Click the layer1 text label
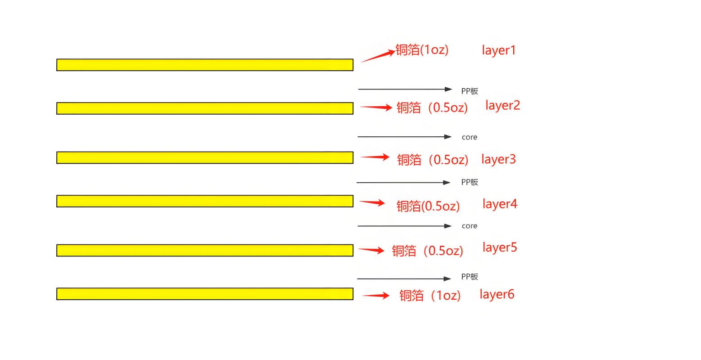498,51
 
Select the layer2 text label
502,106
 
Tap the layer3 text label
498,159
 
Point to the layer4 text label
500,204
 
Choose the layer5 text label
500,247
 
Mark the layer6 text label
497,295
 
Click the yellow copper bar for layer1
205,65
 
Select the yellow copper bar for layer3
205,157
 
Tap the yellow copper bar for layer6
205,294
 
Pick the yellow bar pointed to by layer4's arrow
205,201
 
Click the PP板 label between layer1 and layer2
470,91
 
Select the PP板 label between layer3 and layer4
470,182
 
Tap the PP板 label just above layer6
470,276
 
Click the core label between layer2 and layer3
470,137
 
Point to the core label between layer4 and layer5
470,226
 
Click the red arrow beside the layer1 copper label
378,56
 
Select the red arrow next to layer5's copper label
371,250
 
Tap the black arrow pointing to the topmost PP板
405,90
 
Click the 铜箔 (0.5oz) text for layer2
432,108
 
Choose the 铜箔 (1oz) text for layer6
430,296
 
